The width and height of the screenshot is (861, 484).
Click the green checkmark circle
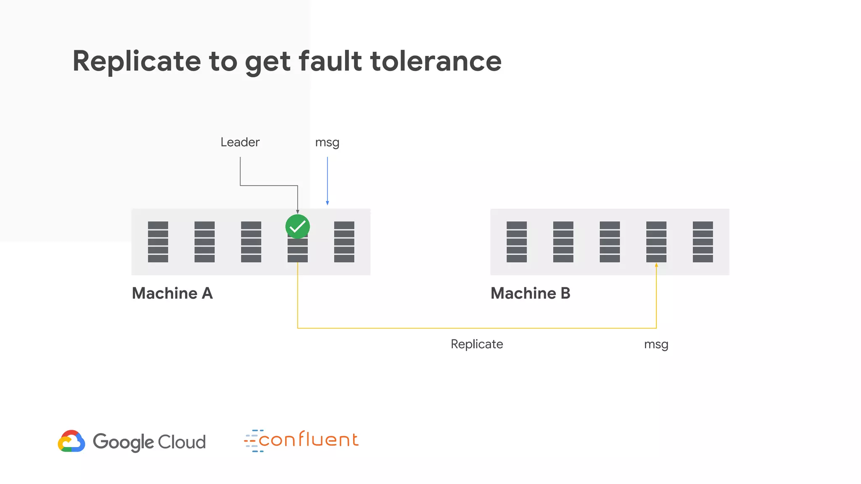click(298, 226)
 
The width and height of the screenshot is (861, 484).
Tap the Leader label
click(240, 142)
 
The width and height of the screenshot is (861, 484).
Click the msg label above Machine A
click(327, 142)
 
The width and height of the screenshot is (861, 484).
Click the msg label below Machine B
click(656, 345)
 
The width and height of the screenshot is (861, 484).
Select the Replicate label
click(477, 344)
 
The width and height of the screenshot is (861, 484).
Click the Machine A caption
click(172, 293)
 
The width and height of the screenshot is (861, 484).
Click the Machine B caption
click(530, 293)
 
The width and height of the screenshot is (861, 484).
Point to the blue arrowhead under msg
click(327, 203)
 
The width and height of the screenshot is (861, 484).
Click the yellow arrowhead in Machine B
click(656, 265)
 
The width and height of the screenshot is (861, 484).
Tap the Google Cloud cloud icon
click(71, 441)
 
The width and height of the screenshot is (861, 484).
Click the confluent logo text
click(308, 440)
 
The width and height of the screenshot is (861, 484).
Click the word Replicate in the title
click(137, 61)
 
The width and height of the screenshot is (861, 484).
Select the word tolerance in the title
click(436, 61)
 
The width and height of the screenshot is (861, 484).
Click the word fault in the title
click(330, 61)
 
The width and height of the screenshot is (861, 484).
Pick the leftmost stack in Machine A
click(158, 242)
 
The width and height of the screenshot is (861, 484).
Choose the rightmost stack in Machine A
click(344, 242)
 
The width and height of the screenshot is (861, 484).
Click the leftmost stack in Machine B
click(517, 242)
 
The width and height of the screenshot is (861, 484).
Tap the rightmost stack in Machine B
click(703, 242)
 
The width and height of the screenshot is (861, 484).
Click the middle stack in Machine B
click(610, 242)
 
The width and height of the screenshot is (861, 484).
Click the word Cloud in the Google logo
click(182, 442)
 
